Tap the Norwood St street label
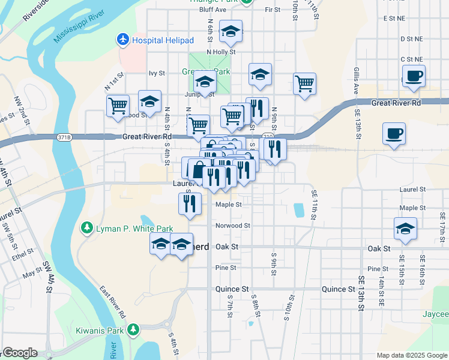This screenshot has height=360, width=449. click(x=233, y=226)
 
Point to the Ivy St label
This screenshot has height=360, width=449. click(x=157, y=73)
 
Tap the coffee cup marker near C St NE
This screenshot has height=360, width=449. click(x=414, y=77)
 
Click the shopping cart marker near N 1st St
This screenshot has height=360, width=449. click(x=118, y=106)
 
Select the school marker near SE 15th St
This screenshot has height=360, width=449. click(x=406, y=229)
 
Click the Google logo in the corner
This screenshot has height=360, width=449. click(x=19, y=353)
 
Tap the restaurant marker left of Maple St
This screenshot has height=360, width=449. click(x=188, y=204)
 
